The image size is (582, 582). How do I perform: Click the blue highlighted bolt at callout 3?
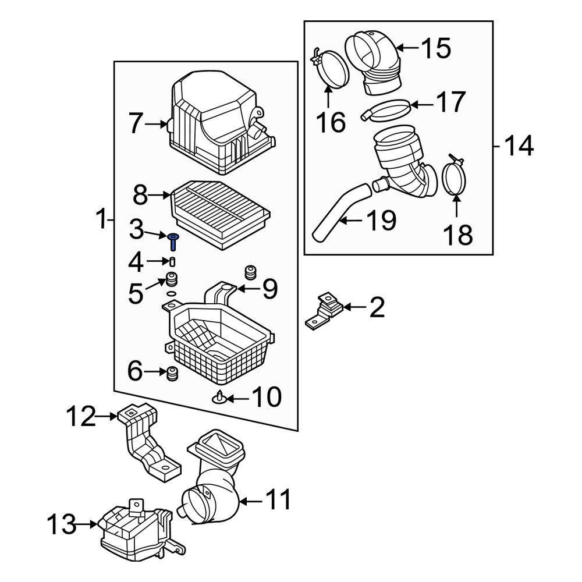click(x=173, y=241)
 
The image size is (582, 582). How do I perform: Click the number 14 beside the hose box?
click(x=519, y=146)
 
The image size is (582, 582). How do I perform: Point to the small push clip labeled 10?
click(x=219, y=398)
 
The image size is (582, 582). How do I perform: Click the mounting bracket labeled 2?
click(x=324, y=311)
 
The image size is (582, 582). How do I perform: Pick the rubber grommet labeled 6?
click(x=172, y=374)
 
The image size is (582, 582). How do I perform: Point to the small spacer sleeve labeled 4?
click(x=172, y=261)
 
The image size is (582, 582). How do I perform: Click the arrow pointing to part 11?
click(x=250, y=502)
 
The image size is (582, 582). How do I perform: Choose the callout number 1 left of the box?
click(x=102, y=219)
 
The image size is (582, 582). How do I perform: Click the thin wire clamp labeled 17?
click(x=386, y=110)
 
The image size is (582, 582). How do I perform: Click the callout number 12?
click(x=80, y=417)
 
